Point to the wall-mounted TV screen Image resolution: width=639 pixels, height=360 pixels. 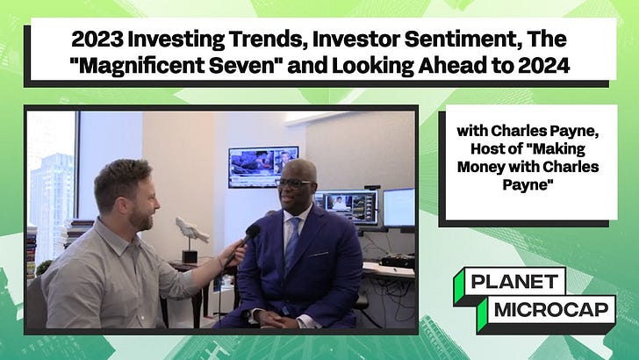(x=262, y=167)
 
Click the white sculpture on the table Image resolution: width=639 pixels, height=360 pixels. (x=191, y=229)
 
